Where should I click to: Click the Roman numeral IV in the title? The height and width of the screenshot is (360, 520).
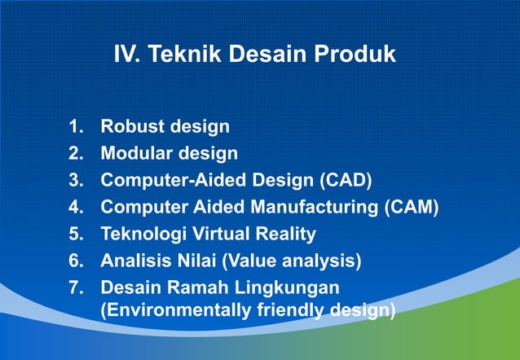coord(128,55)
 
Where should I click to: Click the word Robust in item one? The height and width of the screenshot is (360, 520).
coord(130,127)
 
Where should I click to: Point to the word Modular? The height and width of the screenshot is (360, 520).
coord(134,153)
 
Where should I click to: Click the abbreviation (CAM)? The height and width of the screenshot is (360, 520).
coord(412,207)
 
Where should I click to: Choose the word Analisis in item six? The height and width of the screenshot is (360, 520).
coord(135,261)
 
